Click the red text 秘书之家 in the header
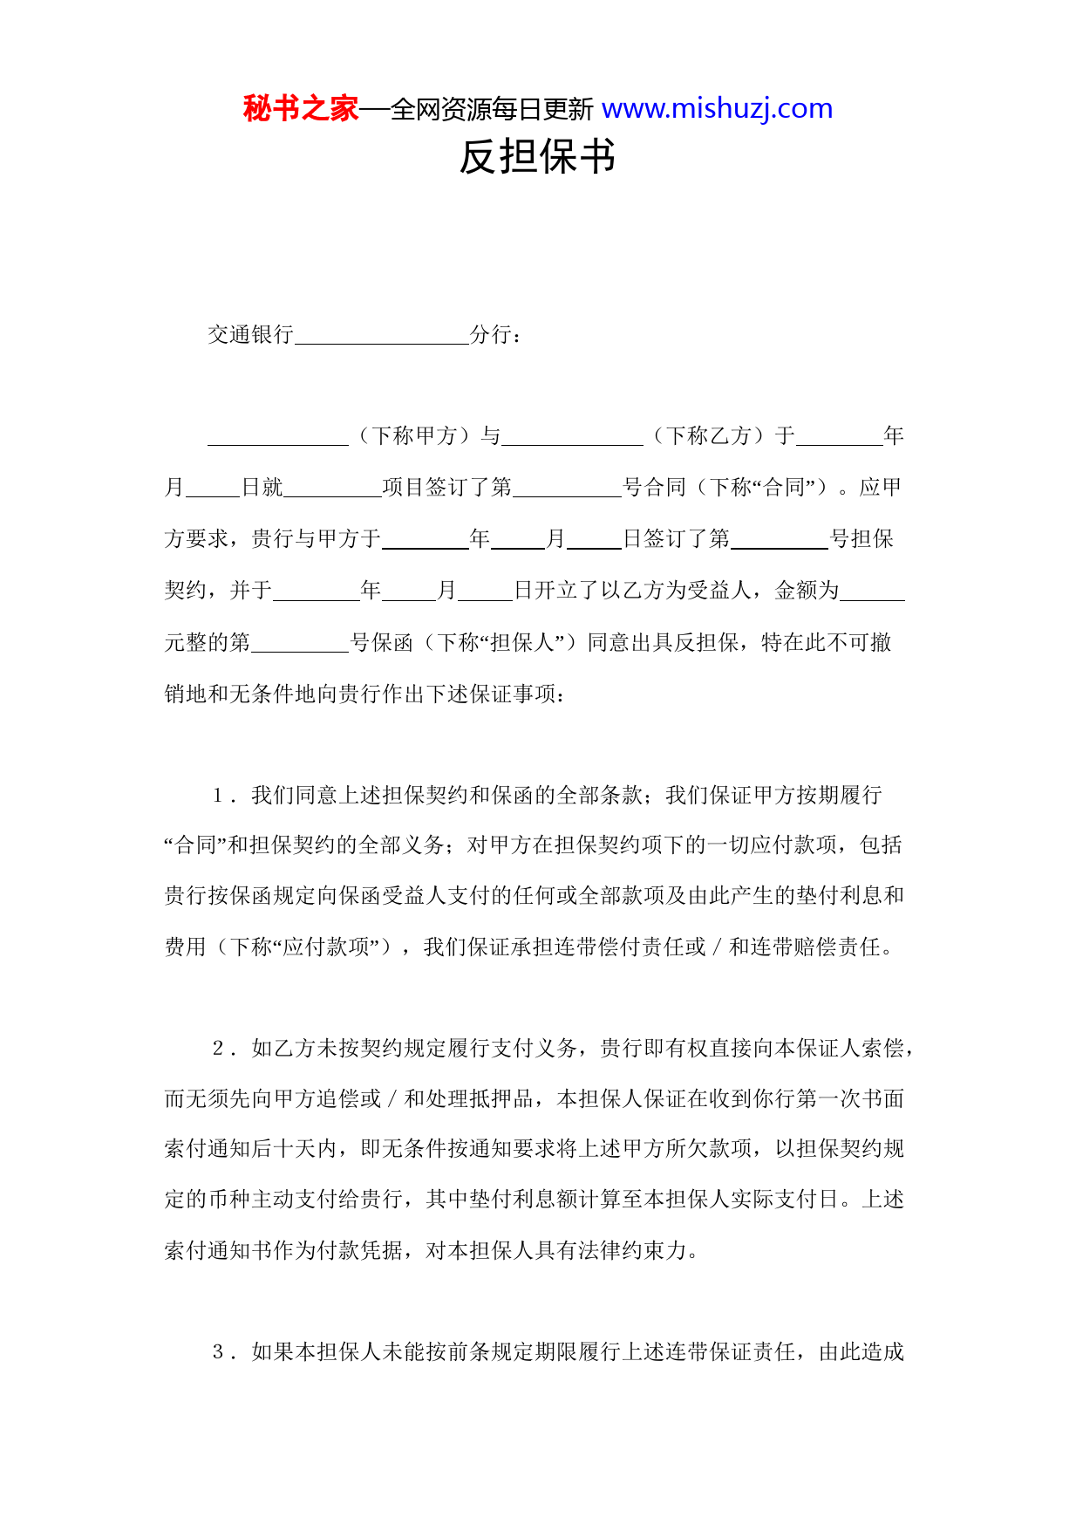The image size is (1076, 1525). tap(301, 109)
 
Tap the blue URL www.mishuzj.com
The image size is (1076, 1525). tap(717, 109)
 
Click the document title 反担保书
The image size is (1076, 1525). tap(537, 158)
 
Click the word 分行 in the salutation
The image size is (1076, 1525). tap(491, 335)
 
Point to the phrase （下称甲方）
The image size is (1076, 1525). tap(414, 436)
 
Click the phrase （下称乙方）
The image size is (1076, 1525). tap(708, 436)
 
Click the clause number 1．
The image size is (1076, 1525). tap(224, 796)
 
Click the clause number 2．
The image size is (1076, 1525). tap(224, 1049)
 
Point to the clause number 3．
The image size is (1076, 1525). tap(224, 1352)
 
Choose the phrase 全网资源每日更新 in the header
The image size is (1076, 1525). tap(492, 110)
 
